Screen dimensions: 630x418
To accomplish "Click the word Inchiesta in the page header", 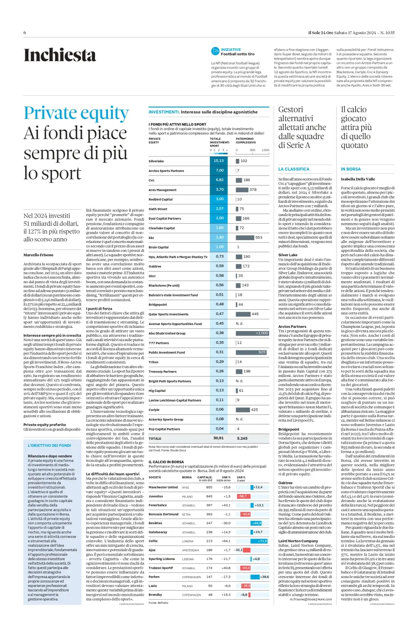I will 60,56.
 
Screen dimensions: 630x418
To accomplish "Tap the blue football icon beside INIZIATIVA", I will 215,51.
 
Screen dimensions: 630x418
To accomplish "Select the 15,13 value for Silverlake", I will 219,161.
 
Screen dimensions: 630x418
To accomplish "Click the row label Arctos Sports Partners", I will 166,171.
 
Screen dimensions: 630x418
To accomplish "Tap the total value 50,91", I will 218,438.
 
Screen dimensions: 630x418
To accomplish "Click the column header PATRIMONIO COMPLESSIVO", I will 245,140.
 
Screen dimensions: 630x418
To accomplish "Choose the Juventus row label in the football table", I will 156,496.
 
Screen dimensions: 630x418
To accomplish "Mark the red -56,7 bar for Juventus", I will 242,496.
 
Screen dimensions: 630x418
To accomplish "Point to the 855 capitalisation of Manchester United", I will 209,487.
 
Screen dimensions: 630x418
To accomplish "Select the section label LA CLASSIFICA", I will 294,169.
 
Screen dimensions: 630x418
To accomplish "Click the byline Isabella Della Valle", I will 358,179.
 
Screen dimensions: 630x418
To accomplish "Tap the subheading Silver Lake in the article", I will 288,255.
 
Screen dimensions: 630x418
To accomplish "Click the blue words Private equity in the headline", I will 76,114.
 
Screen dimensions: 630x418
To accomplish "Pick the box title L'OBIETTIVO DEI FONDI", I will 49,446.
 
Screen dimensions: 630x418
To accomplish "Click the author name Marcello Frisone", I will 38,255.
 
